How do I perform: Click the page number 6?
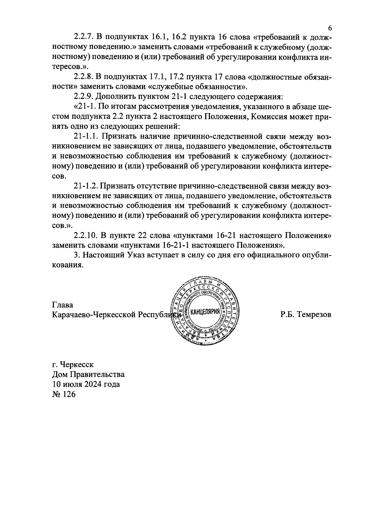pos(330,28)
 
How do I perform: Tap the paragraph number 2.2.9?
pos(84,97)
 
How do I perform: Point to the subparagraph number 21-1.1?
pos(87,136)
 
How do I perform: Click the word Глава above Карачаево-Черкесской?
pos(63,305)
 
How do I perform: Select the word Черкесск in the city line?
pos(77,365)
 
